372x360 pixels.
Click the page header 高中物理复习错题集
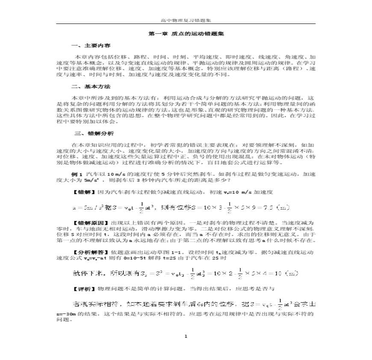coord(186,20)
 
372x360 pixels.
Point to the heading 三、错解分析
coord(89,133)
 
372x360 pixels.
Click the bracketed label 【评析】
coord(84,289)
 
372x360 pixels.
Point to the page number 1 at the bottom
coord(186,336)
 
